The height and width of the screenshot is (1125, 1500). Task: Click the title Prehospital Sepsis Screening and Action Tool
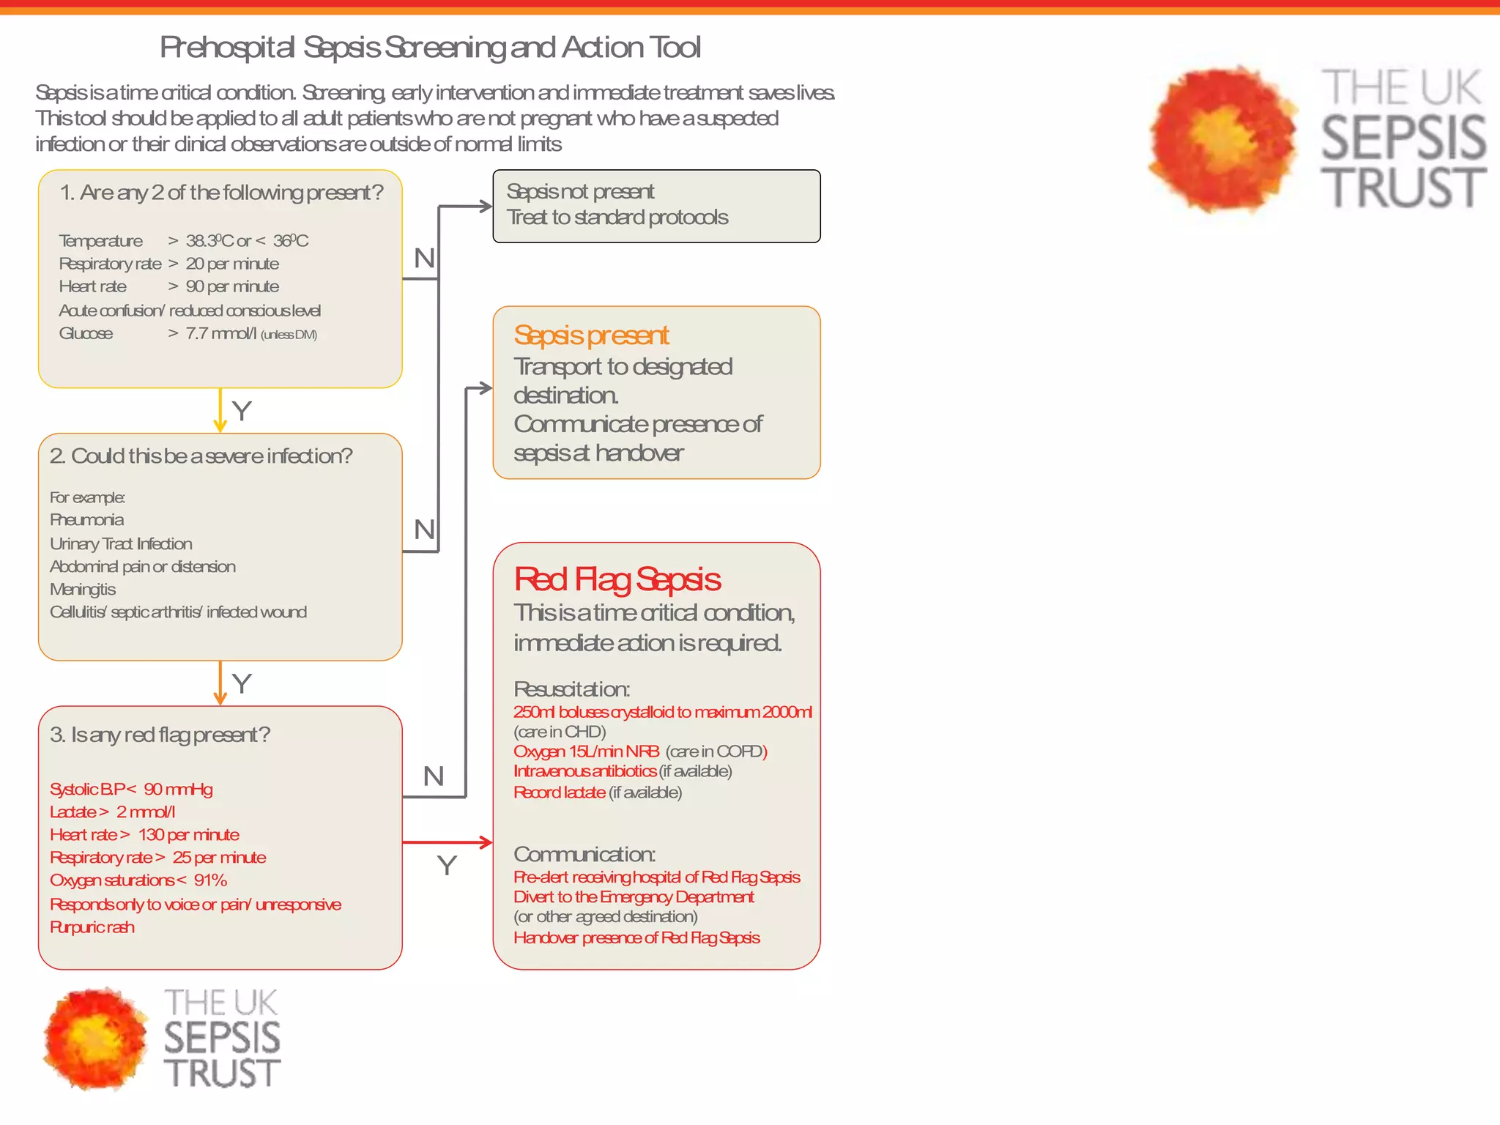430,48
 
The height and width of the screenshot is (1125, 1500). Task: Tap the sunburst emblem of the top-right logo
1222,138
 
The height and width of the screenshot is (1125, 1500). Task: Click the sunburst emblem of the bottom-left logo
95,1038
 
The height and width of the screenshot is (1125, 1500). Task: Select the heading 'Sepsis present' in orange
591,335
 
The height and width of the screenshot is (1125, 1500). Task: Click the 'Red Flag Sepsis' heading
617,579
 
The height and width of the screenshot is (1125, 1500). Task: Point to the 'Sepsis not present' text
580,192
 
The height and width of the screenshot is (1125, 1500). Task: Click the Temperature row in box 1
183,241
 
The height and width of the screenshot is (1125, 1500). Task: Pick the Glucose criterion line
187,334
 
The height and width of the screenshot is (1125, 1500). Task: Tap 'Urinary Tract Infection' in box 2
121,543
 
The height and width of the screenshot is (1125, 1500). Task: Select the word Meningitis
83,590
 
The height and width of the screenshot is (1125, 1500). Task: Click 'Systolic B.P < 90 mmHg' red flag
131,790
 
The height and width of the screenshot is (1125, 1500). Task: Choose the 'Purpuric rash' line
92,927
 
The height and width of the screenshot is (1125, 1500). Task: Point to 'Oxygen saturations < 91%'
138,880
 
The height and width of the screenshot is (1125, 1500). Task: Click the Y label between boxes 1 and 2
242,411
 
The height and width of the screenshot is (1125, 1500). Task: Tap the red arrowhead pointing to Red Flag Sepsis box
486,842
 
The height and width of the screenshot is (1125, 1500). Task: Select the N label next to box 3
434,776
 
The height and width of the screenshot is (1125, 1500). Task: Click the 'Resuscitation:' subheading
571,689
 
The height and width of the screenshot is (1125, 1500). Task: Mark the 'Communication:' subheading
584,855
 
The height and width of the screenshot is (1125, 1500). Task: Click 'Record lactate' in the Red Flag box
560,792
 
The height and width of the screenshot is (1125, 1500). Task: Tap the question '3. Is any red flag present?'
160,735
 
